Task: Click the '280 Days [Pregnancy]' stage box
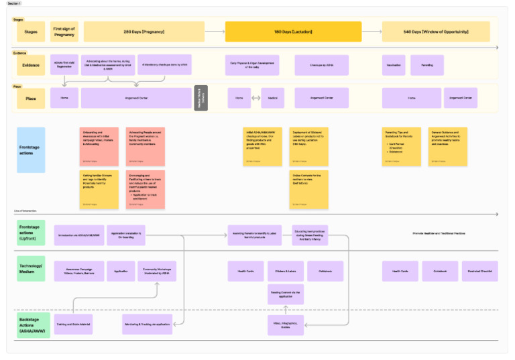[144, 32]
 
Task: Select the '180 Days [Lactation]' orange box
[293, 32]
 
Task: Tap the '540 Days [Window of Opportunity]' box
[436, 32]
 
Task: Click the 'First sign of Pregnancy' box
[64, 32]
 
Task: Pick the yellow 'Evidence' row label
[31, 65]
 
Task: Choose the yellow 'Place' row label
[31, 98]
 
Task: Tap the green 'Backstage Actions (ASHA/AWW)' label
[31, 324]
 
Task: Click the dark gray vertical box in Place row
[201, 98]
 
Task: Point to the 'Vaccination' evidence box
[393, 65]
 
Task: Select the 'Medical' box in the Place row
[273, 98]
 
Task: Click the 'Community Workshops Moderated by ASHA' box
[157, 271]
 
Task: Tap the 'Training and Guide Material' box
[72, 324]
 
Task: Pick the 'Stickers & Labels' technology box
[281, 271]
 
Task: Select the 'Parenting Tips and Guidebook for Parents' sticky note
[400, 145]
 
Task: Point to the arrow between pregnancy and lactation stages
[215, 32]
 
